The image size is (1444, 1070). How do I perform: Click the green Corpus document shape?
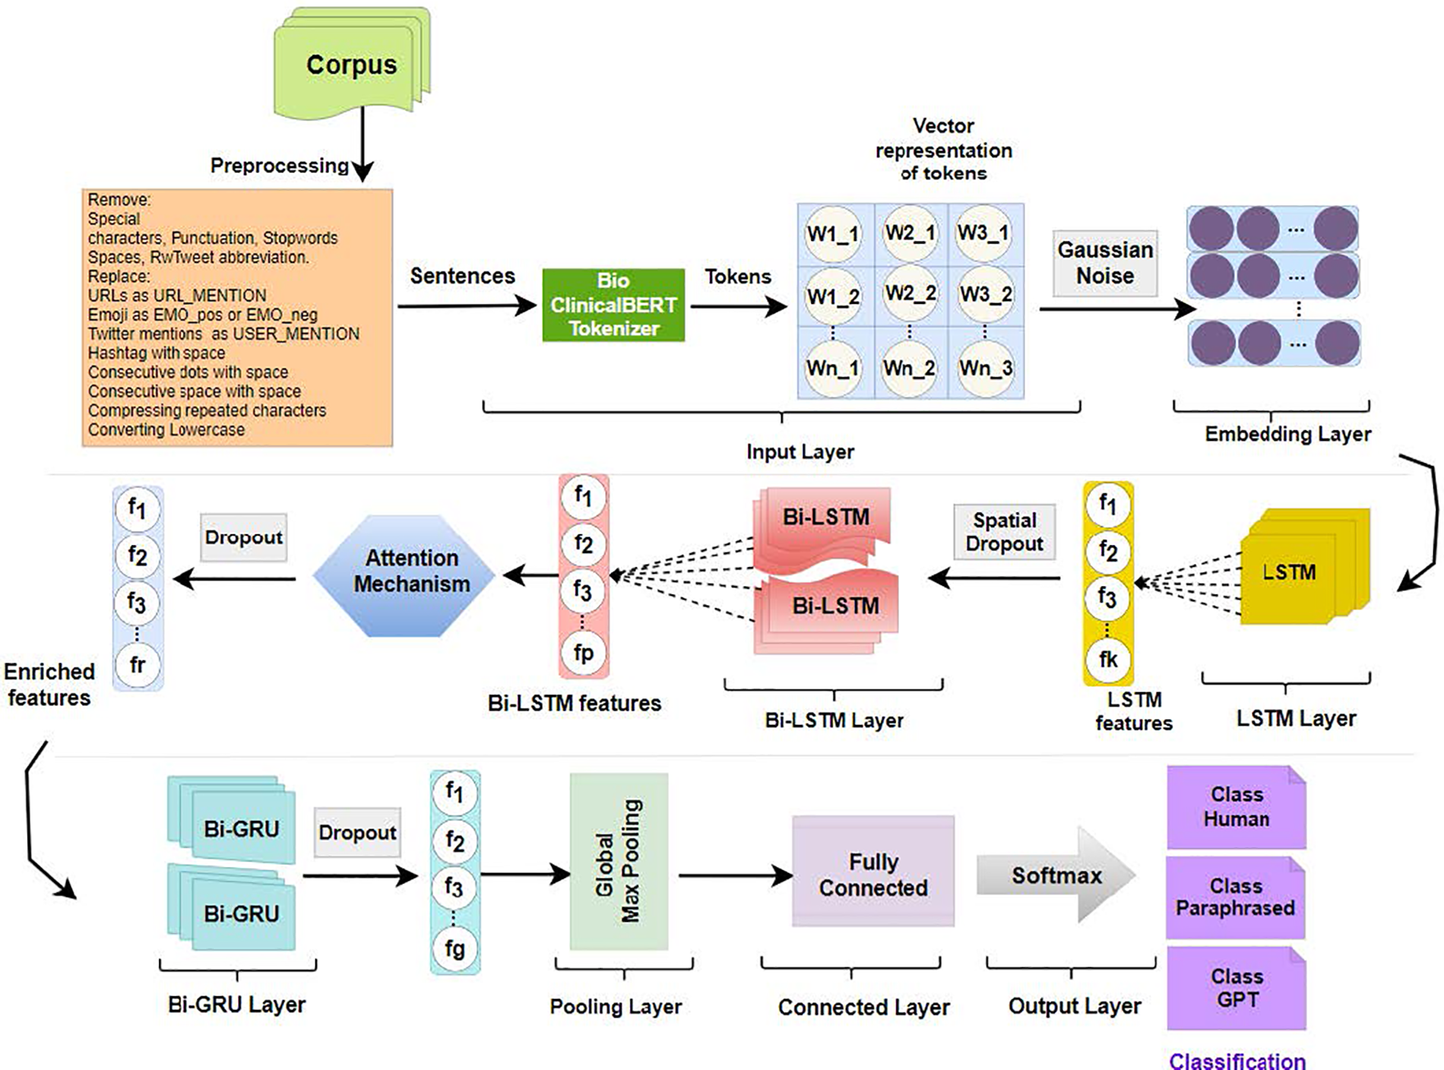[x=351, y=65]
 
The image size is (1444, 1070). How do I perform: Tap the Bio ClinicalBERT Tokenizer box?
[x=613, y=305]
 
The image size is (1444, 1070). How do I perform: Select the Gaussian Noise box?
[x=1105, y=263]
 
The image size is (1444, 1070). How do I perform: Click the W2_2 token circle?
[x=910, y=293]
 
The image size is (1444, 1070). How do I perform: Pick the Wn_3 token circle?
[x=985, y=369]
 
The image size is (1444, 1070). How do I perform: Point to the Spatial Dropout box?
[x=1004, y=532]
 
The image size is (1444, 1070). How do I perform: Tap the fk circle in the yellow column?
[x=1108, y=659]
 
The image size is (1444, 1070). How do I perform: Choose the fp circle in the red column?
[x=583, y=653]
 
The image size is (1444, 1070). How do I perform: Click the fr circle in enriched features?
[x=138, y=665]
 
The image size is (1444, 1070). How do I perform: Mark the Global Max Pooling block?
[x=619, y=861]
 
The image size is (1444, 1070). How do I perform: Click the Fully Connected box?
[x=872, y=874]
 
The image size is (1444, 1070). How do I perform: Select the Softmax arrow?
[x=1056, y=875]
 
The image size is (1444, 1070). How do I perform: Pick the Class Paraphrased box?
[x=1236, y=897]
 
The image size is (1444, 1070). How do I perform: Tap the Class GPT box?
[x=1237, y=988]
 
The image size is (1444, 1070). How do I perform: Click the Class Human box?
[x=1237, y=807]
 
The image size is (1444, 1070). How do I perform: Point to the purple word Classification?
[x=1237, y=1061]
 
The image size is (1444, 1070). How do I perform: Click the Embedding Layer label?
[x=1287, y=434]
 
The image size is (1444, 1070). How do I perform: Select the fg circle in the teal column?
[x=454, y=948]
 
